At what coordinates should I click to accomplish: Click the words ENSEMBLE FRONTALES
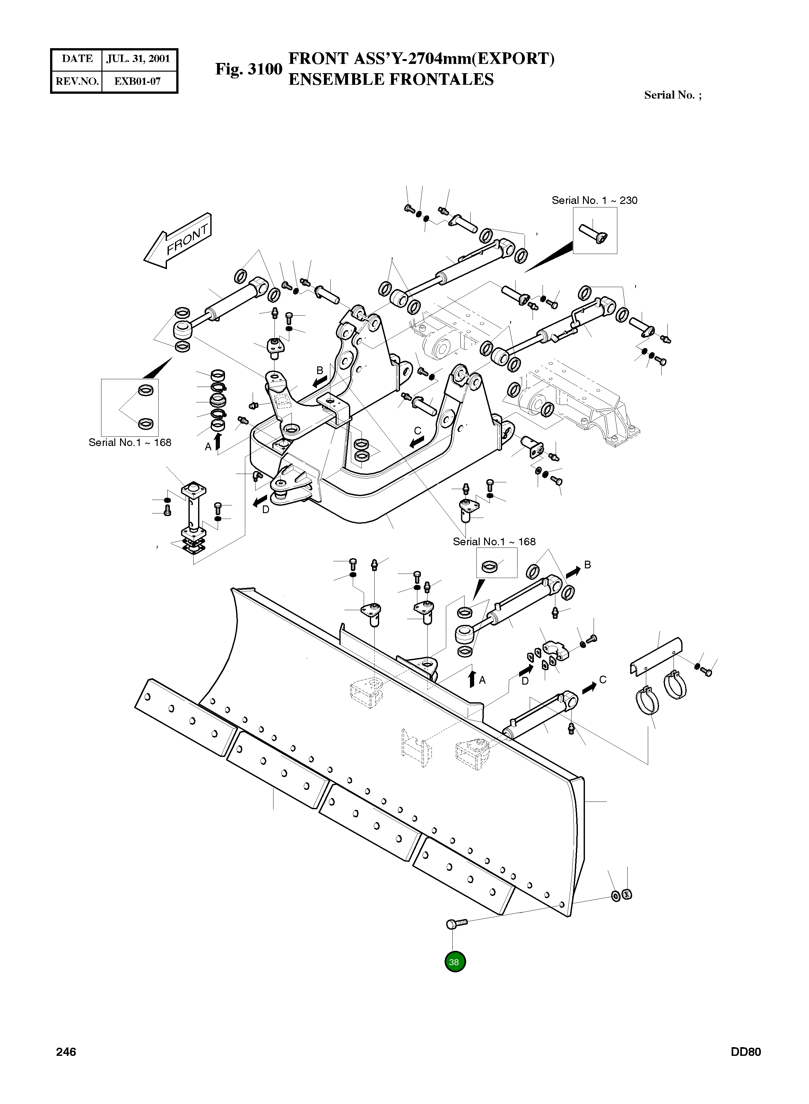[391, 79]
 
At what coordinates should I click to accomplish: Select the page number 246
[66, 1052]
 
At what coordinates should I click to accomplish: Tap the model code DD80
[745, 1052]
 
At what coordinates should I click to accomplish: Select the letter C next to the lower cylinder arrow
[603, 680]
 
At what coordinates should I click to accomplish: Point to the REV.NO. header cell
[77, 81]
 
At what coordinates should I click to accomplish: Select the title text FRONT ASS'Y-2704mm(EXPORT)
[421, 59]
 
